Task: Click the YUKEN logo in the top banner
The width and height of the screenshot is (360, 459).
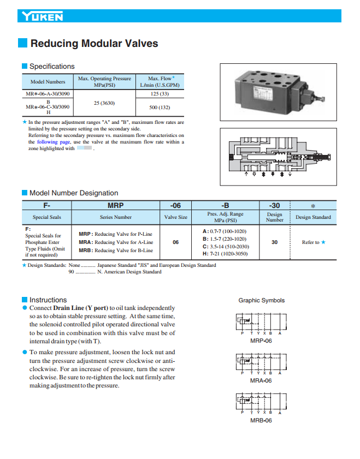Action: click(43, 17)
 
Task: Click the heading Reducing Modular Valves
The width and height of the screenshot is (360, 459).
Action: click(94, 44)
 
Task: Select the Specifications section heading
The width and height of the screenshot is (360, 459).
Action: click(51, 67)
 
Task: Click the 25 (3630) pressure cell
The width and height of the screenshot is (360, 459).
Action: click(104, 103)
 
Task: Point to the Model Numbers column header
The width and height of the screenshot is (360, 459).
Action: click(48, 82)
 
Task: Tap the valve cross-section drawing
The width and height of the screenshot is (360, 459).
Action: click(278, 157)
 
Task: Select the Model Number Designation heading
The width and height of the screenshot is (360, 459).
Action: click(73, 193)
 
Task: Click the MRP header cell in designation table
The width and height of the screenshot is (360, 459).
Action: click(116, 206)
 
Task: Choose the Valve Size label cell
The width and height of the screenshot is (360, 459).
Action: click(176, 217)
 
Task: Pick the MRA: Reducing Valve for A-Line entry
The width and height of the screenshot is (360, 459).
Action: click(116, 242)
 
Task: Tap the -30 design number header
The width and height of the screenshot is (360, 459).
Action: click(274, 206)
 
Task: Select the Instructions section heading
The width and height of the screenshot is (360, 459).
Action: click(48, 300)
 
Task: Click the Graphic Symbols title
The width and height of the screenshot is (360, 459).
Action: click(261, 300)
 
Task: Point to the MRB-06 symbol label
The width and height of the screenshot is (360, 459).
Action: click(261, 420)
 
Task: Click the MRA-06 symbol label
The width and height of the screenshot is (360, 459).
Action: click(261, 380)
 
